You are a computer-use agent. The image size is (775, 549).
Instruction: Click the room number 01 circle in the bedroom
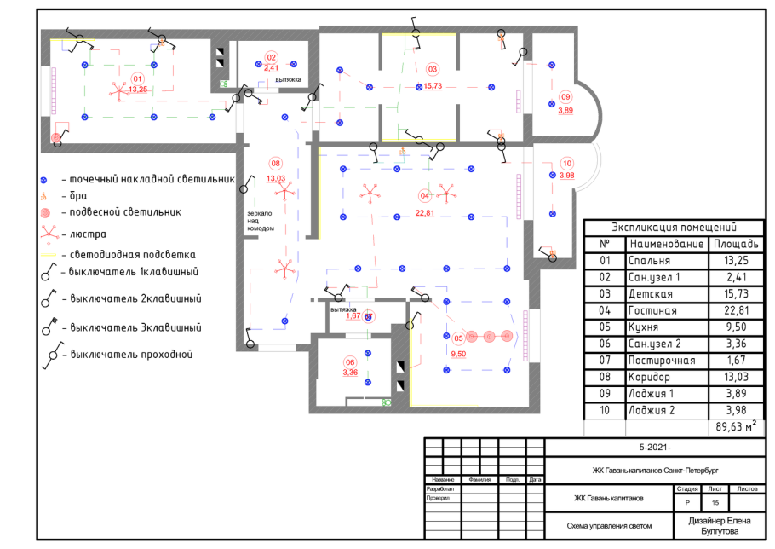(137, 78)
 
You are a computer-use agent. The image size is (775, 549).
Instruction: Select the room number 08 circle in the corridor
(275, 163)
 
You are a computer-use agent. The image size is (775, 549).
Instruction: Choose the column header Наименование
(665, 245)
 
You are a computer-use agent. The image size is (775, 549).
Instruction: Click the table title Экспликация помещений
(674, 228)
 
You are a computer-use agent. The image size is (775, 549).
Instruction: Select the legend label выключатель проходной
(132, 354)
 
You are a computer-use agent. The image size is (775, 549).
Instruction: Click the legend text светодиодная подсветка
(134, 254)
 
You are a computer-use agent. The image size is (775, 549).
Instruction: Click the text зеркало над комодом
(260, 220)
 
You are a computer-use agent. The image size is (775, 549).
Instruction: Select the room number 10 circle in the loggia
(567, 165)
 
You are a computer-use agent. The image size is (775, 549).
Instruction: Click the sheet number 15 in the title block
(715, 505)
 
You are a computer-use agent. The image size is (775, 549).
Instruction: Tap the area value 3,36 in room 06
(350, 372)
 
